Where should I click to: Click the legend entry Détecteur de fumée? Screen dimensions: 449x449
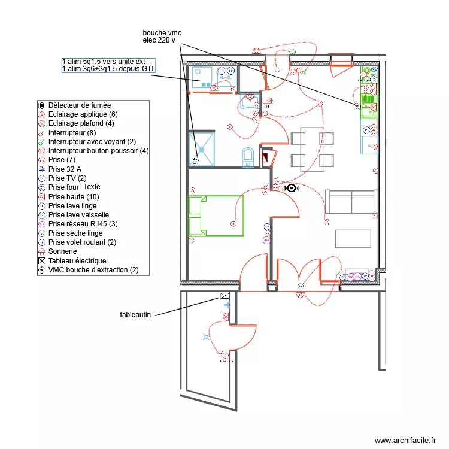pyautogui.click(x=79, y=105)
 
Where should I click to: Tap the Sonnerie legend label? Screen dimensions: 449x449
pyautogui.click(x=63, y=251)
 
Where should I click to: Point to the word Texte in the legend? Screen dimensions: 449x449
pyautogui.click(x=92, y=187)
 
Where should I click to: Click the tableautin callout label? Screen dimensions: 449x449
pyautogui.click(x=135, y=314)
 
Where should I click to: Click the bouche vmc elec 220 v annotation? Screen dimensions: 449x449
pyautogui.click(x=159, y=36)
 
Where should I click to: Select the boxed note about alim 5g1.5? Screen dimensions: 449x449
pyautogui.click(x=108, y=65)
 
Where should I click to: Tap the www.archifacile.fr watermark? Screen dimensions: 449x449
pyautogui.click(x=405, y=440)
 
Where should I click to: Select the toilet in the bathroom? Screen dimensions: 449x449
pyautogui.click(x=248, y=157)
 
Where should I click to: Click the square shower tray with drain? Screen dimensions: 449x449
pyautogui.click(x=201, y=148)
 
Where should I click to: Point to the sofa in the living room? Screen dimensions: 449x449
pyautogui.click(x=351, y=202)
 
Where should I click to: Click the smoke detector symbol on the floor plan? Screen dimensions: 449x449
pyautogui.click(x=292, y=188)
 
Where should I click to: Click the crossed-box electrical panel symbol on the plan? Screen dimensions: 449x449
pyautogui.click(x=224, y=296)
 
